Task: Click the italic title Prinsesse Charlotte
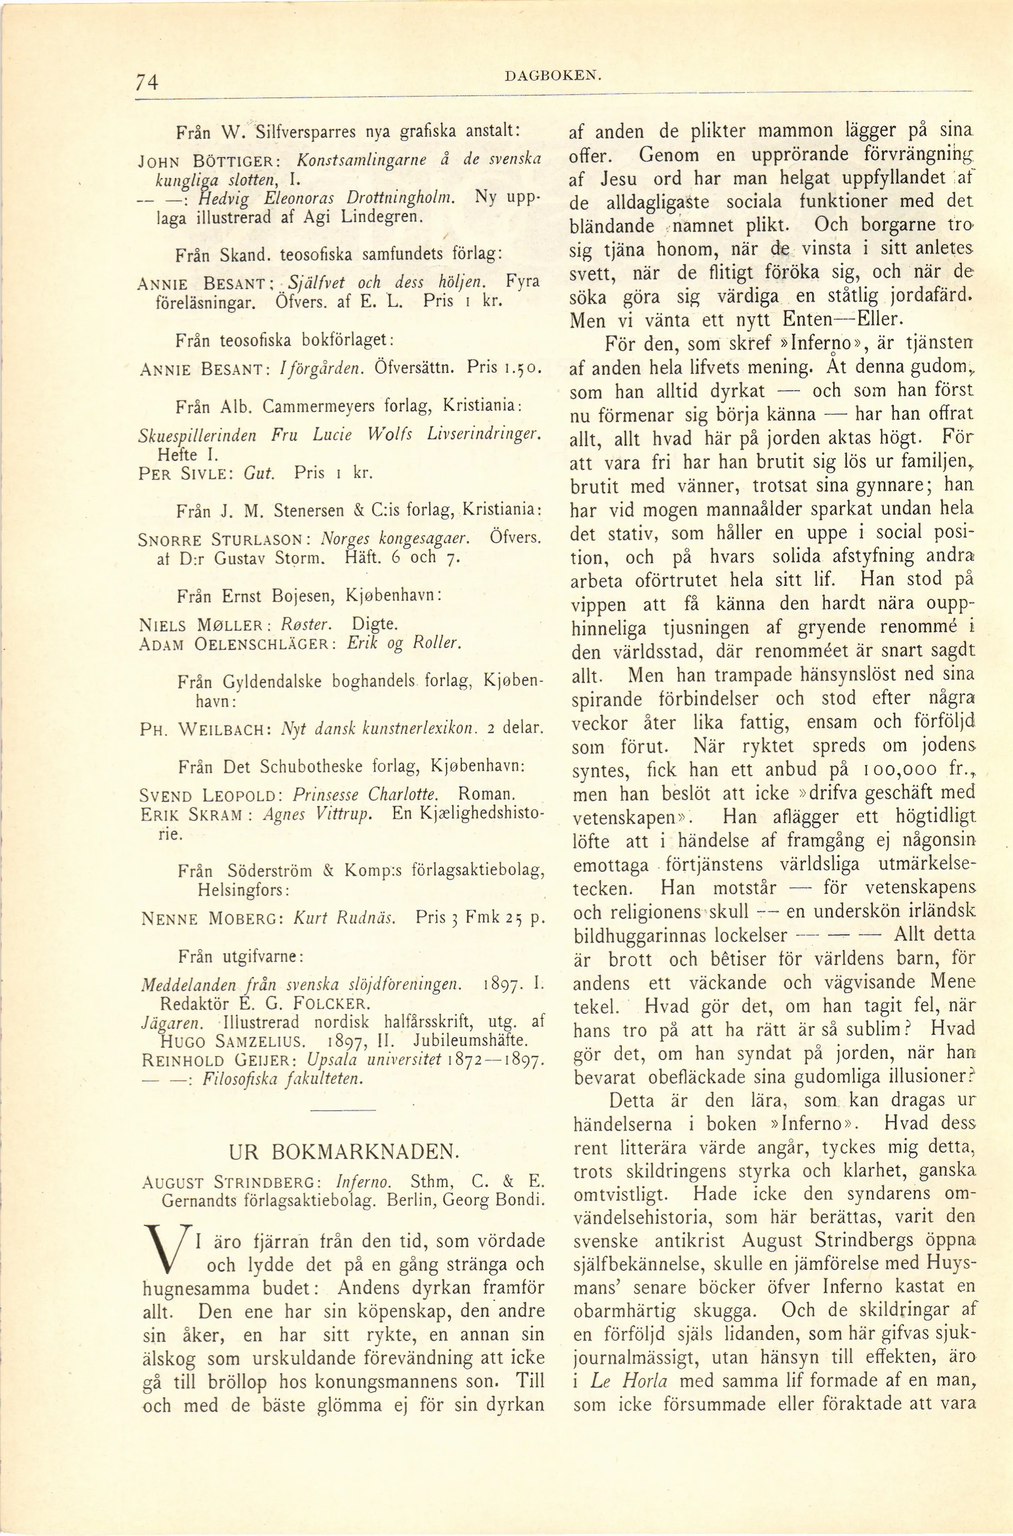[365, 794]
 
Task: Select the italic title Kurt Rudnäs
[344, 918]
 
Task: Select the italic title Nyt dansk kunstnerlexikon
[379, 729]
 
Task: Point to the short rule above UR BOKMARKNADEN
[343, 1110]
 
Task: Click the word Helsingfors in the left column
[242, 890]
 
